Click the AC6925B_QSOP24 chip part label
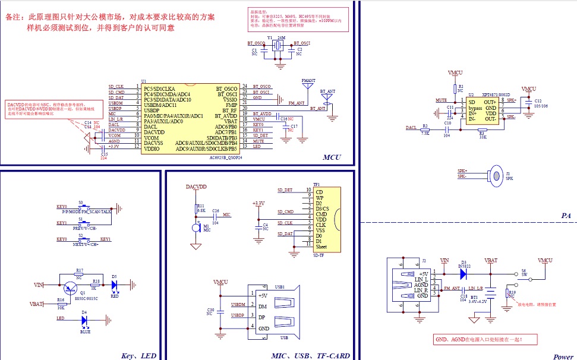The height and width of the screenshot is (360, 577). [226, 157]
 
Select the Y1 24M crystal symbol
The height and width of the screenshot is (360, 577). [277, 48]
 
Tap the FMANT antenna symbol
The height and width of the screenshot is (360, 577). [308, 87]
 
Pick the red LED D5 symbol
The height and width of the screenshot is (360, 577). [114, 285]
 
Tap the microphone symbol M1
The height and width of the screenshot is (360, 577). [196, 228]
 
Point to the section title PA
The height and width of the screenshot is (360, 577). [565, 216]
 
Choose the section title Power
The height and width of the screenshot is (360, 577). [563, 356]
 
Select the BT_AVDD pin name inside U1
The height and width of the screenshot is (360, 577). [226, 115]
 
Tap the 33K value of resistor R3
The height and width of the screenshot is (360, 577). [482, 137]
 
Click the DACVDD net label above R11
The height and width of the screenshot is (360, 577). [196, 187]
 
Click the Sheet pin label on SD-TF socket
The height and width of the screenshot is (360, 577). [321, 247]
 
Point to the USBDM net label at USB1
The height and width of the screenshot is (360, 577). [238, 305]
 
